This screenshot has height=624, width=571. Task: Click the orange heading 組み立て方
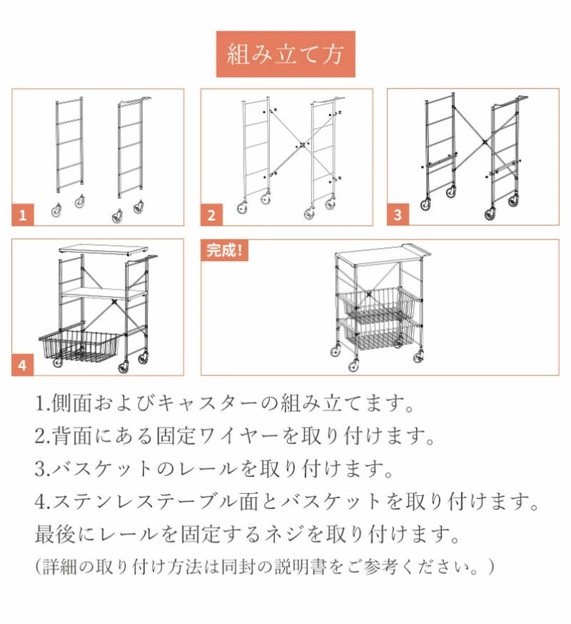285,54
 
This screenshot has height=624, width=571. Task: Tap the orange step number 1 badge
23,215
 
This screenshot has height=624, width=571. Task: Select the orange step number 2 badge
211,215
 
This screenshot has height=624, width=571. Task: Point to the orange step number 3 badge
398,215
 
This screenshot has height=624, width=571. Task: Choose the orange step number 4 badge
23,365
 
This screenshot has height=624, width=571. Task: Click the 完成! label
225,251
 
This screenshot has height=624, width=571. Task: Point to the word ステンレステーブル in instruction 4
146,501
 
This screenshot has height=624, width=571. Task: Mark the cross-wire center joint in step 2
302,145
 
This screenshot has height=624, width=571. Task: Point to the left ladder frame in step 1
69,144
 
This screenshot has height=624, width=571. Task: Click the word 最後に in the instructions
65,534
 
